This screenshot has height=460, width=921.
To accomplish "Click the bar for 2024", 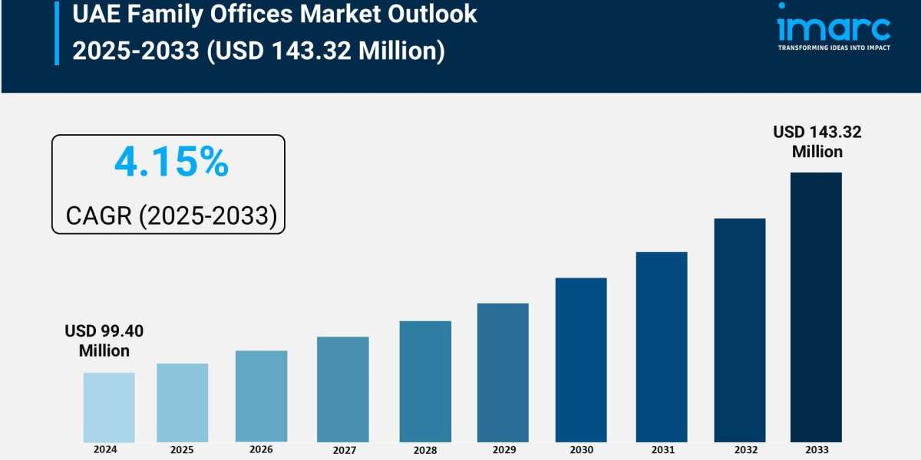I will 109,407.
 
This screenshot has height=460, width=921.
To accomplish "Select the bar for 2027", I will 342,389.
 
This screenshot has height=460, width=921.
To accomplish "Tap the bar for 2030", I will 581,360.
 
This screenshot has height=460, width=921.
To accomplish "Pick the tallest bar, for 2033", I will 816,307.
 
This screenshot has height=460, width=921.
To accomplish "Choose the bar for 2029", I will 503,373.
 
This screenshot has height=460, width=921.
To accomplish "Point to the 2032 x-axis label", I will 740,450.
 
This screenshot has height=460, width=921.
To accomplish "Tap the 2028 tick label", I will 425,450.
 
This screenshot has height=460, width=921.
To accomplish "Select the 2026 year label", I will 261,450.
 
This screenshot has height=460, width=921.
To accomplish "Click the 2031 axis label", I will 661,450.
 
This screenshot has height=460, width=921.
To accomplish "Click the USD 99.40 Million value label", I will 104,341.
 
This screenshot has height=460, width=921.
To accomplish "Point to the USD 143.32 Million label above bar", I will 817,142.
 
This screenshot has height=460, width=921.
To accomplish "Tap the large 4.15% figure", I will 171,163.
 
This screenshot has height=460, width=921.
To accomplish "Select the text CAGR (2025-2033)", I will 171,215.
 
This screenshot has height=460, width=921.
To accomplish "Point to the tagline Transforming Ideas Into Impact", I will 834,48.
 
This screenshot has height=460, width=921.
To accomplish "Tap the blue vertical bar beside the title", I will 57,32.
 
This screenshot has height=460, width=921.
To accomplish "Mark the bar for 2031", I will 662,347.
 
